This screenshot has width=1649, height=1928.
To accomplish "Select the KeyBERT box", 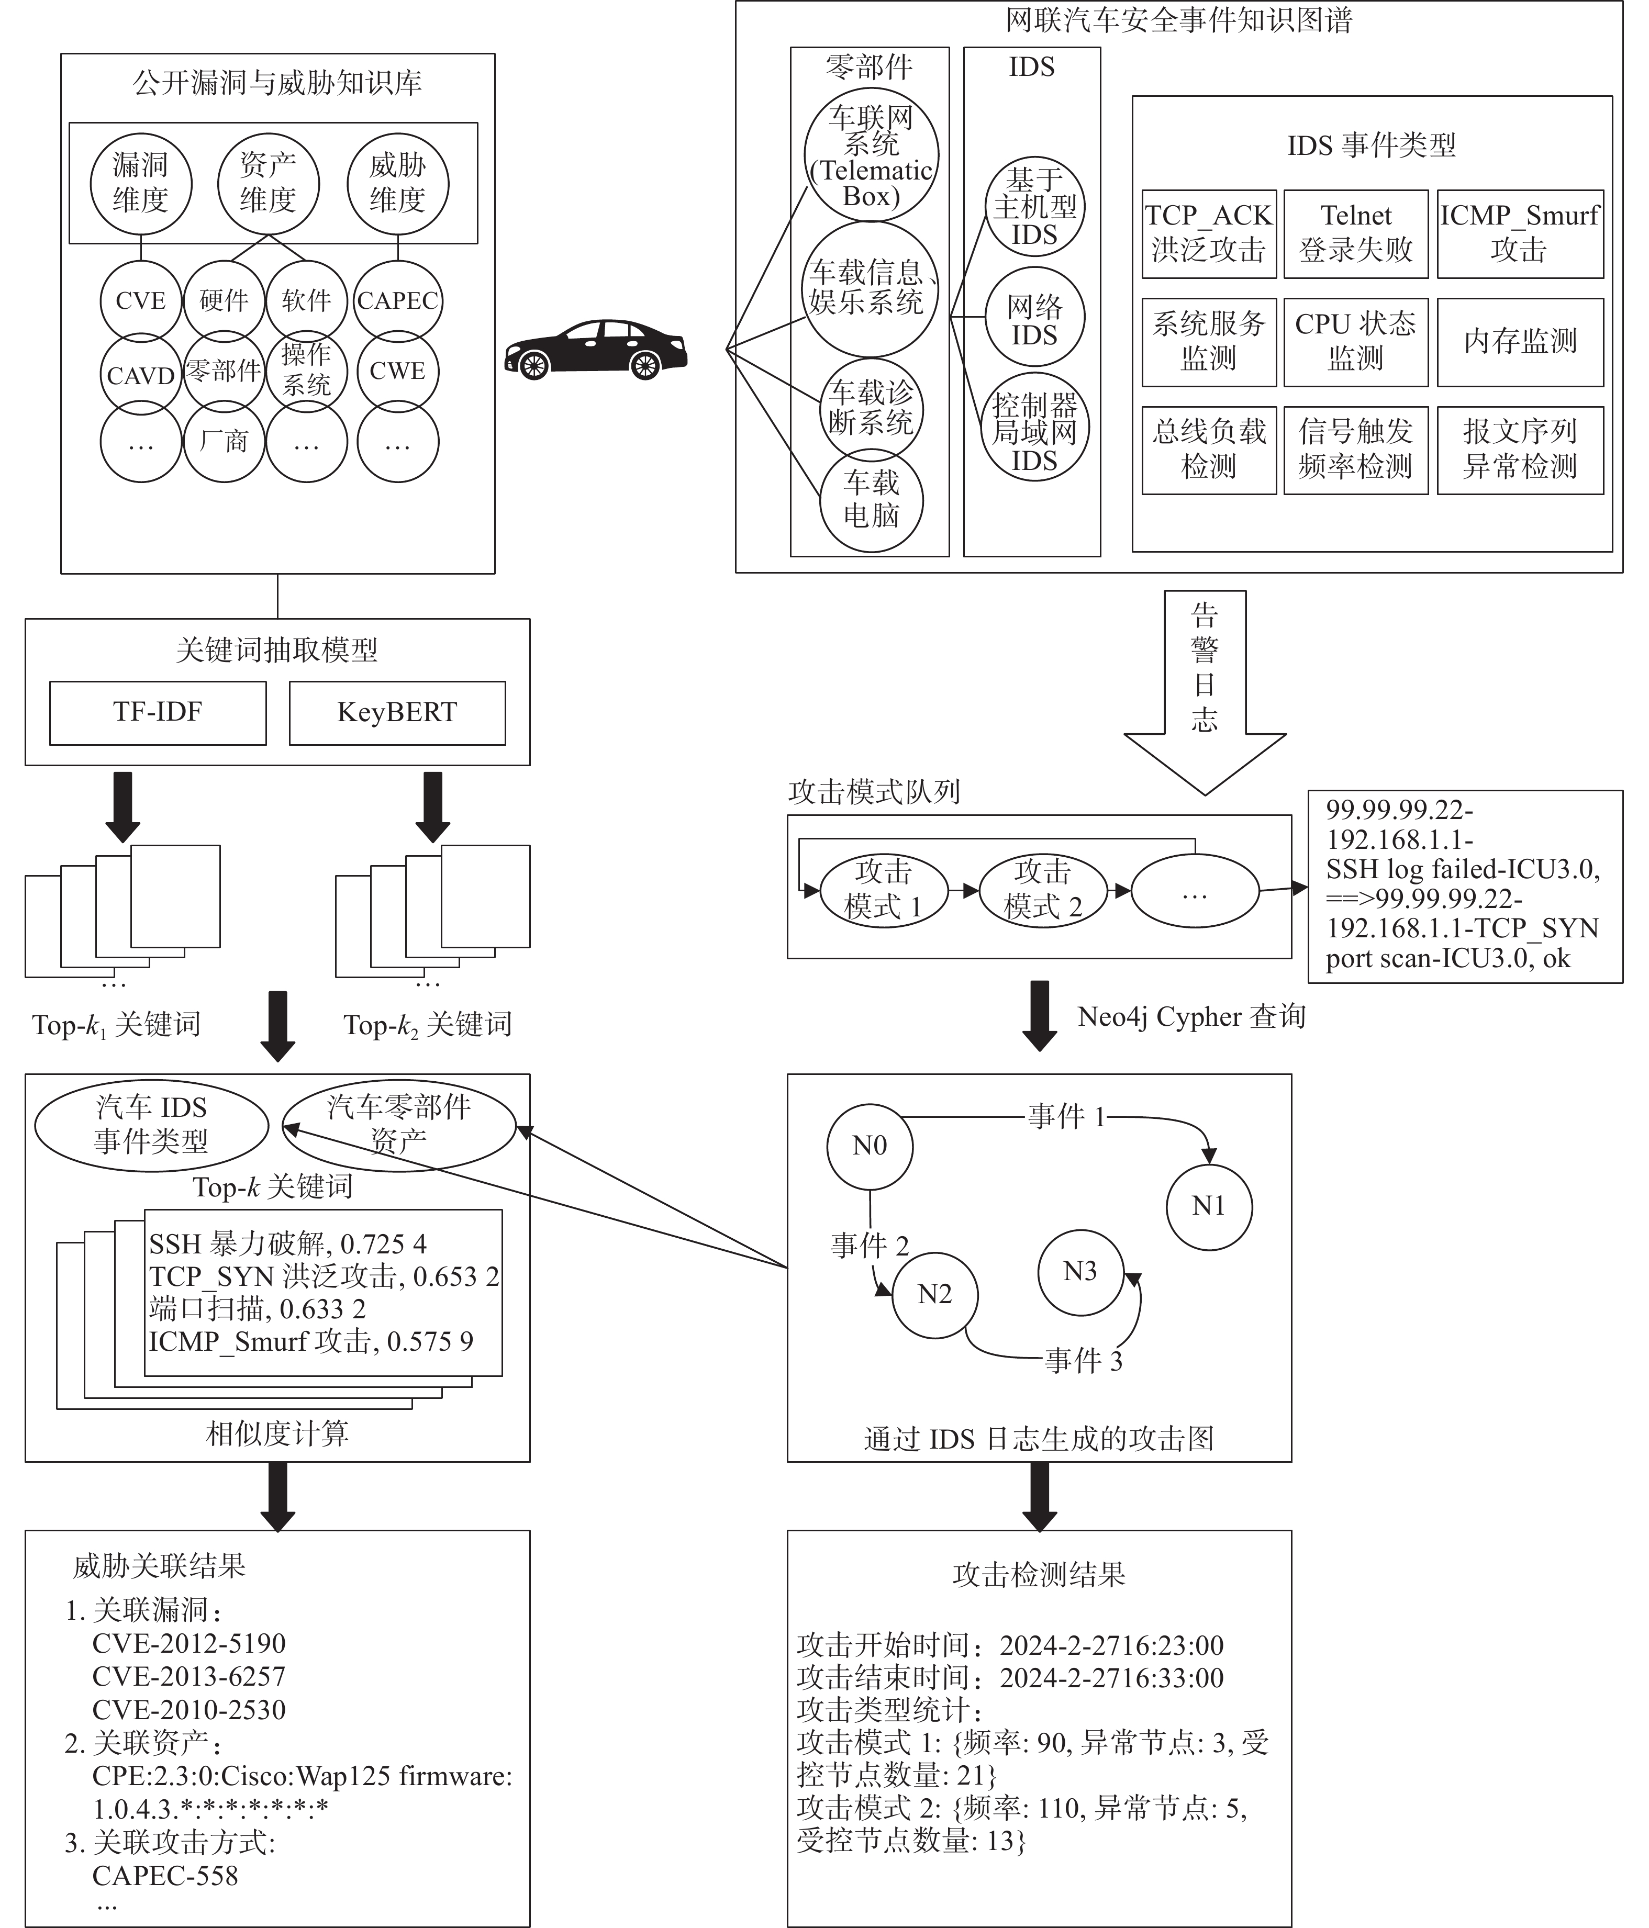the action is (x=397, y=713).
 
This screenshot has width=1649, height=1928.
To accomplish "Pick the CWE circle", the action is (x=397, y=371).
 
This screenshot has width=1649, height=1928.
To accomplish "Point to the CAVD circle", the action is (x=140, y=375).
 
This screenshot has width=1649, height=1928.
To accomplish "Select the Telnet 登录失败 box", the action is (x=1356, y=233).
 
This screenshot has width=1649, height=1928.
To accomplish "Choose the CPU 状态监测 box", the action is (x=1356, y=342).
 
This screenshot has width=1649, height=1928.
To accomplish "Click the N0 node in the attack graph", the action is (x=870, y=1146).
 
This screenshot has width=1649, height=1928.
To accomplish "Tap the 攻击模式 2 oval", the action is (x=1043, y=891).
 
